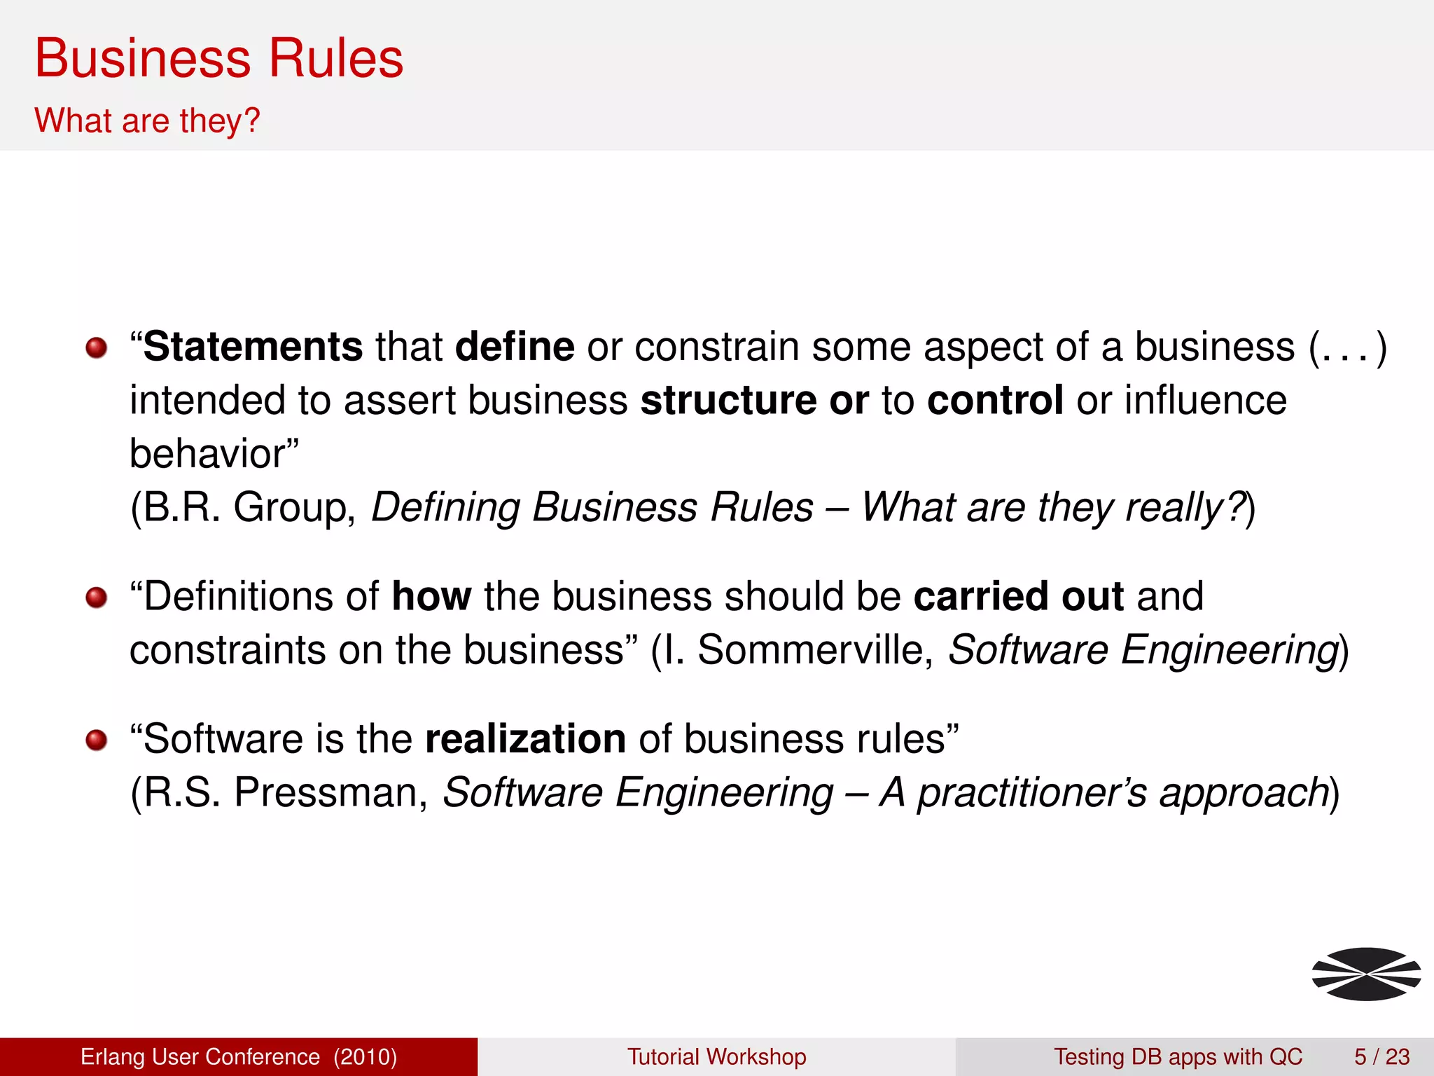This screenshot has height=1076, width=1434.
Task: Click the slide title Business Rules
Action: pyautogui.click(x=218, y=58)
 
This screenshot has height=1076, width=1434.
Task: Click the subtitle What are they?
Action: pyautogui.click(x=147, y=120)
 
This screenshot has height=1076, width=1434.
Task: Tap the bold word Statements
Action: pyautogui.click(x=253, y=347)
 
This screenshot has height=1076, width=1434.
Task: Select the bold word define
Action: pyautogui.click(x=515, y=347)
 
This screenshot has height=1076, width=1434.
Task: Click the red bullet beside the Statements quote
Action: pyautogui.click(x=97, y=347)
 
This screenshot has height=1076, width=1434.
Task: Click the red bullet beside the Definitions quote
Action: pyautogui.click(x=97, y=598)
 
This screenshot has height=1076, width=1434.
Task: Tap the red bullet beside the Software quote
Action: pyautogui.click(x=97, y=740)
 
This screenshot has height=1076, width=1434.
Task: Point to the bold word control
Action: pyautogui.click(x=995, y=401)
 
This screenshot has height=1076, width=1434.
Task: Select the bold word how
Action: pyautogui.click(x=431, y=597)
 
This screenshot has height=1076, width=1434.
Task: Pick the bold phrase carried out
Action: pyautogui.click(x=1018, y=597)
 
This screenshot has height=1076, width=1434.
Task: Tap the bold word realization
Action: pyautogui.click(x=525, y=739)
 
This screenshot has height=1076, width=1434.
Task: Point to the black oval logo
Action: pyautogui.click(x=1366, y=974)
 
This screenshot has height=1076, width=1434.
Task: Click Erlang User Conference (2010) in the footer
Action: pyautogui.click(x=239, y=1056)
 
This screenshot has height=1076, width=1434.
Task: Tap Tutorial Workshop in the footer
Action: pyautogui.click(x=716, y=1056)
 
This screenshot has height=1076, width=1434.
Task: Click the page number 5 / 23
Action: pyautogui.click(x=1381, y=1056)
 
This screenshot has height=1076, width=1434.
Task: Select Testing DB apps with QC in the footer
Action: pyautogui.click(x=1178, y=1056)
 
